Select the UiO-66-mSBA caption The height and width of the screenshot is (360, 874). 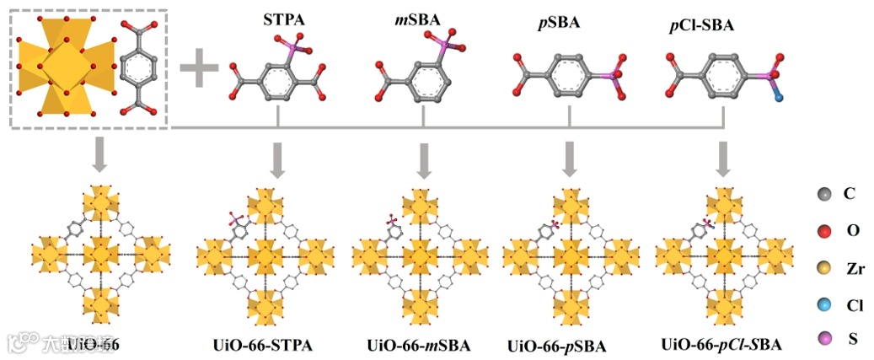tap(419, 345)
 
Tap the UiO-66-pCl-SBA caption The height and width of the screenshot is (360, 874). tap(721, 344)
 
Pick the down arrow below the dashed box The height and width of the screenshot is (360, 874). tap(99, 156)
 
